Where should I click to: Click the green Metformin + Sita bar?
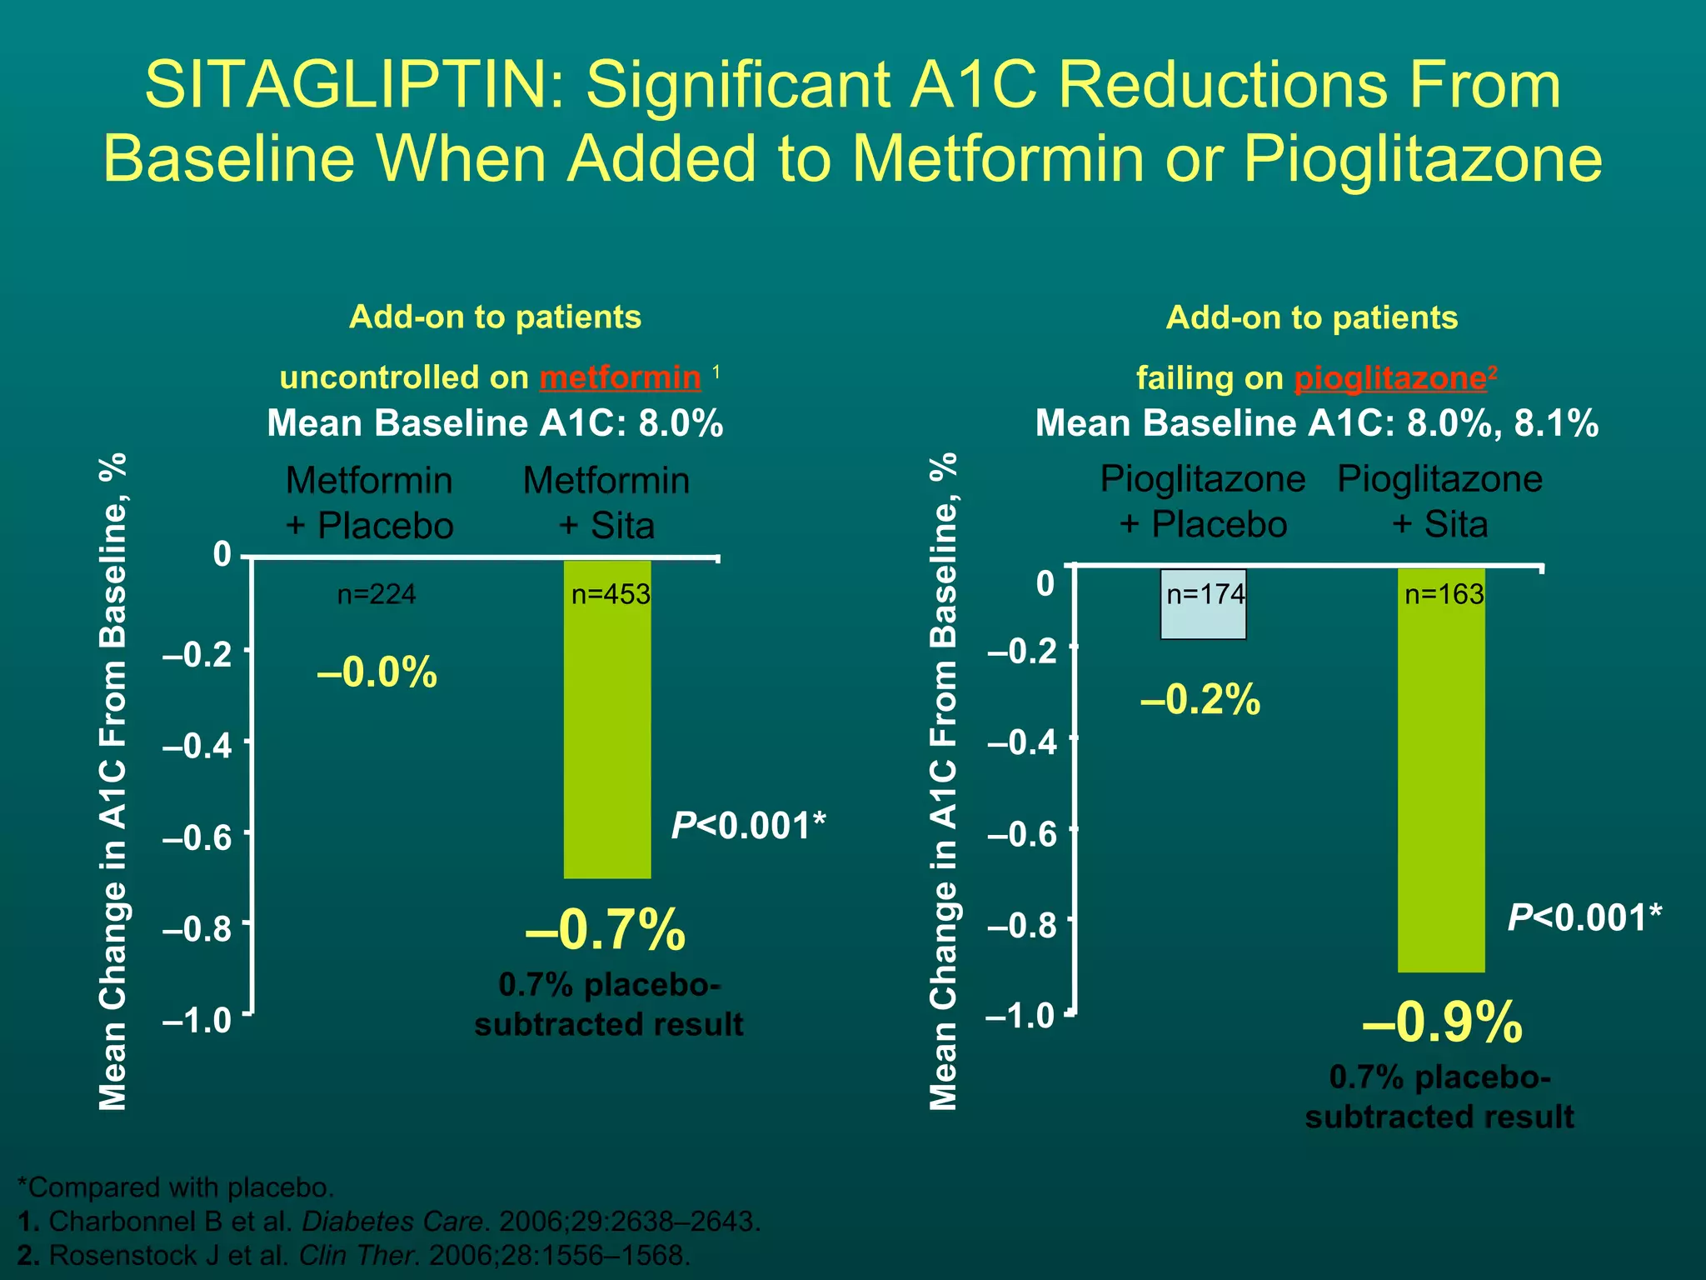(x=607, y=733)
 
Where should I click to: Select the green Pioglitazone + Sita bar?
(x=1440, y=783)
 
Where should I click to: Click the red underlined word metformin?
(x=620, y=377)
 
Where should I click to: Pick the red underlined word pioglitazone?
(x=1390, y=378)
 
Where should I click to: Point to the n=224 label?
(x=377, y=594)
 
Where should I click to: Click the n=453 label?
(x=610, y=594)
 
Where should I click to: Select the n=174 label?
(x=1205, y=594)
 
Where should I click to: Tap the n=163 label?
(x=1444, y=594)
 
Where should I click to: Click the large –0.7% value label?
(x=606, y=930)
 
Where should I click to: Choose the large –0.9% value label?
(x=1442, y=1022)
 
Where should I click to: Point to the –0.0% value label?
(x=377, y=672)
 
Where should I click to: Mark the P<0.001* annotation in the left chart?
(x=748, y=826)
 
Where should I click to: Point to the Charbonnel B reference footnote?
(x=389, y=1222)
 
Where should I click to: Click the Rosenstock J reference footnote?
(x=354, y=1255)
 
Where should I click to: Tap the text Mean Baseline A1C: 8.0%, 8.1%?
(x=1316, y=423)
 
